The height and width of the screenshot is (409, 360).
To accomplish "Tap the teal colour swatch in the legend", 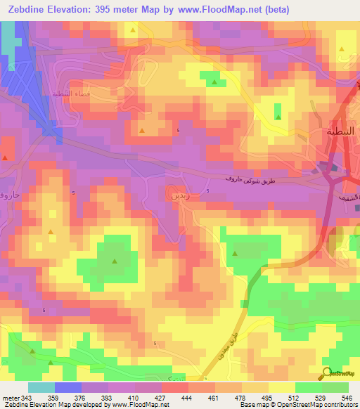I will (41, 387).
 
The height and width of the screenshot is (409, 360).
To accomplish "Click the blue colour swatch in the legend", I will (68, 387).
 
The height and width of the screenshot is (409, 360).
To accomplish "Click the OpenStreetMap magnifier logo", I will (326, 372).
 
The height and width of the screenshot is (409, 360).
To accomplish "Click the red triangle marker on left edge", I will (5, 157).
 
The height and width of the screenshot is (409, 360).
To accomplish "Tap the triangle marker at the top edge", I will (133, 31).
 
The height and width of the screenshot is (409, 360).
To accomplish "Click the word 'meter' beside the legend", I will (10, 396).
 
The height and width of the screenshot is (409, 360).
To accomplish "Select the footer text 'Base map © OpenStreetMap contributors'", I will (299, 405).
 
